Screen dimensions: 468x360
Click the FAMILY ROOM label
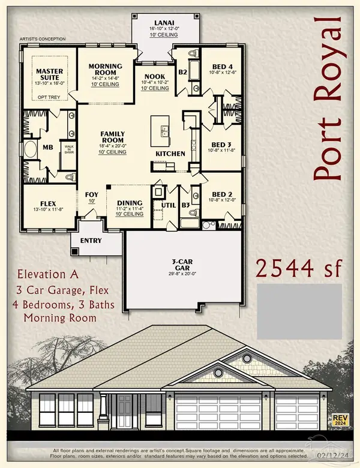pyautogui.click(x=112, y=136)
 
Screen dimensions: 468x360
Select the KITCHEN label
pyautogui.click(x=170, y=154)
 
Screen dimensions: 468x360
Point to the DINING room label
pyautogui.click(x=130, y=203)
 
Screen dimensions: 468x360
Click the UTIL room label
pyautogui.click(x=168, y=206)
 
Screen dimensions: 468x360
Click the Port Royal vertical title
pyautogui.click(x=327, y=99)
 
